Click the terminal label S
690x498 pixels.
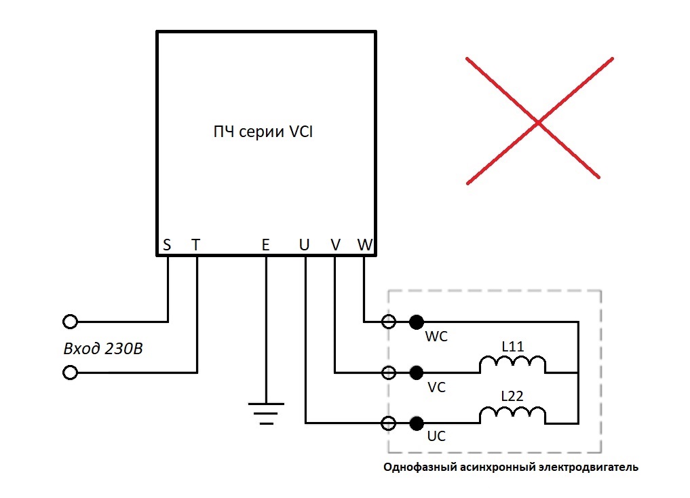coord(167,245)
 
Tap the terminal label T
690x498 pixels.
coord(196,245)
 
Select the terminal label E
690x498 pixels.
coord(265,245)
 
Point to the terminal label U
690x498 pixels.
coord(304,245)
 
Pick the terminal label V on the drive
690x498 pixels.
coord(335,245)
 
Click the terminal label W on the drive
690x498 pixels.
coord(365,245)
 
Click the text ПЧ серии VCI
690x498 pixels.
coord(263,132)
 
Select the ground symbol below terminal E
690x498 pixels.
coord(266,414)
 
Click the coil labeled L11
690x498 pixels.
coord(513,364)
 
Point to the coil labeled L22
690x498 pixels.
coord(513,415)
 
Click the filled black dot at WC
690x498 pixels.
coord(417,322)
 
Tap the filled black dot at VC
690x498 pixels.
coord(417,373)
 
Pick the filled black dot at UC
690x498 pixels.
coord(417,423)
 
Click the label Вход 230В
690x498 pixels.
coord(103,349)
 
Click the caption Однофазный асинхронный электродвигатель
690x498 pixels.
coord(510,467)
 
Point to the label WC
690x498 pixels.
coord(436,337)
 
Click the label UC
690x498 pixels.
coord(436,436)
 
